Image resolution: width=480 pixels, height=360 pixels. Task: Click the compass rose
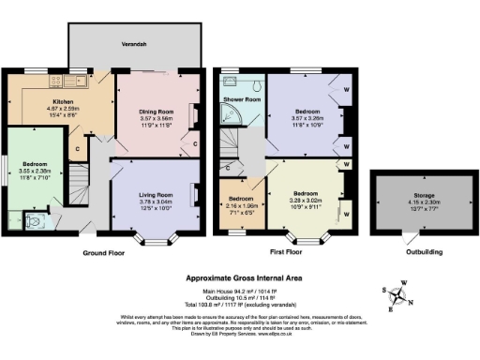click(x=400, y=297)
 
